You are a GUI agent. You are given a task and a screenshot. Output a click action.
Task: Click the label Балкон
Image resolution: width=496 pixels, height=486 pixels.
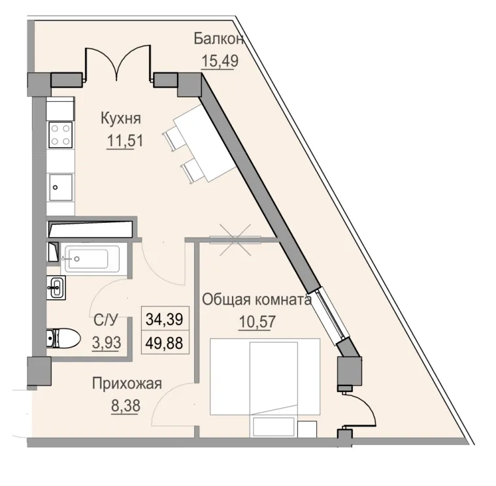click(219, 39)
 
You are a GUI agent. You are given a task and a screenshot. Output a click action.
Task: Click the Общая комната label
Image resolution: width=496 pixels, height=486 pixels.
click(256, 300)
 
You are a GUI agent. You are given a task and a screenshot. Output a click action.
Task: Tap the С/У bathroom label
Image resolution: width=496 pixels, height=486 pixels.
click(106, 320)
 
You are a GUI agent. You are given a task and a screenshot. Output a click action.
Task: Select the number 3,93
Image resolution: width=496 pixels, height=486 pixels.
click(106, 342)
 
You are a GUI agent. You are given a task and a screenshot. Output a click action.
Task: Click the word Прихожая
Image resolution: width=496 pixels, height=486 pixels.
click(126, 383)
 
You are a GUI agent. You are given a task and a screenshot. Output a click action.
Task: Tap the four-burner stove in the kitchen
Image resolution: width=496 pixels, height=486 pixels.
click(61, 135)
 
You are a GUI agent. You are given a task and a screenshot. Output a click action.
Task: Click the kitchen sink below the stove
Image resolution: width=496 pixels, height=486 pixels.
click(61, 186)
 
